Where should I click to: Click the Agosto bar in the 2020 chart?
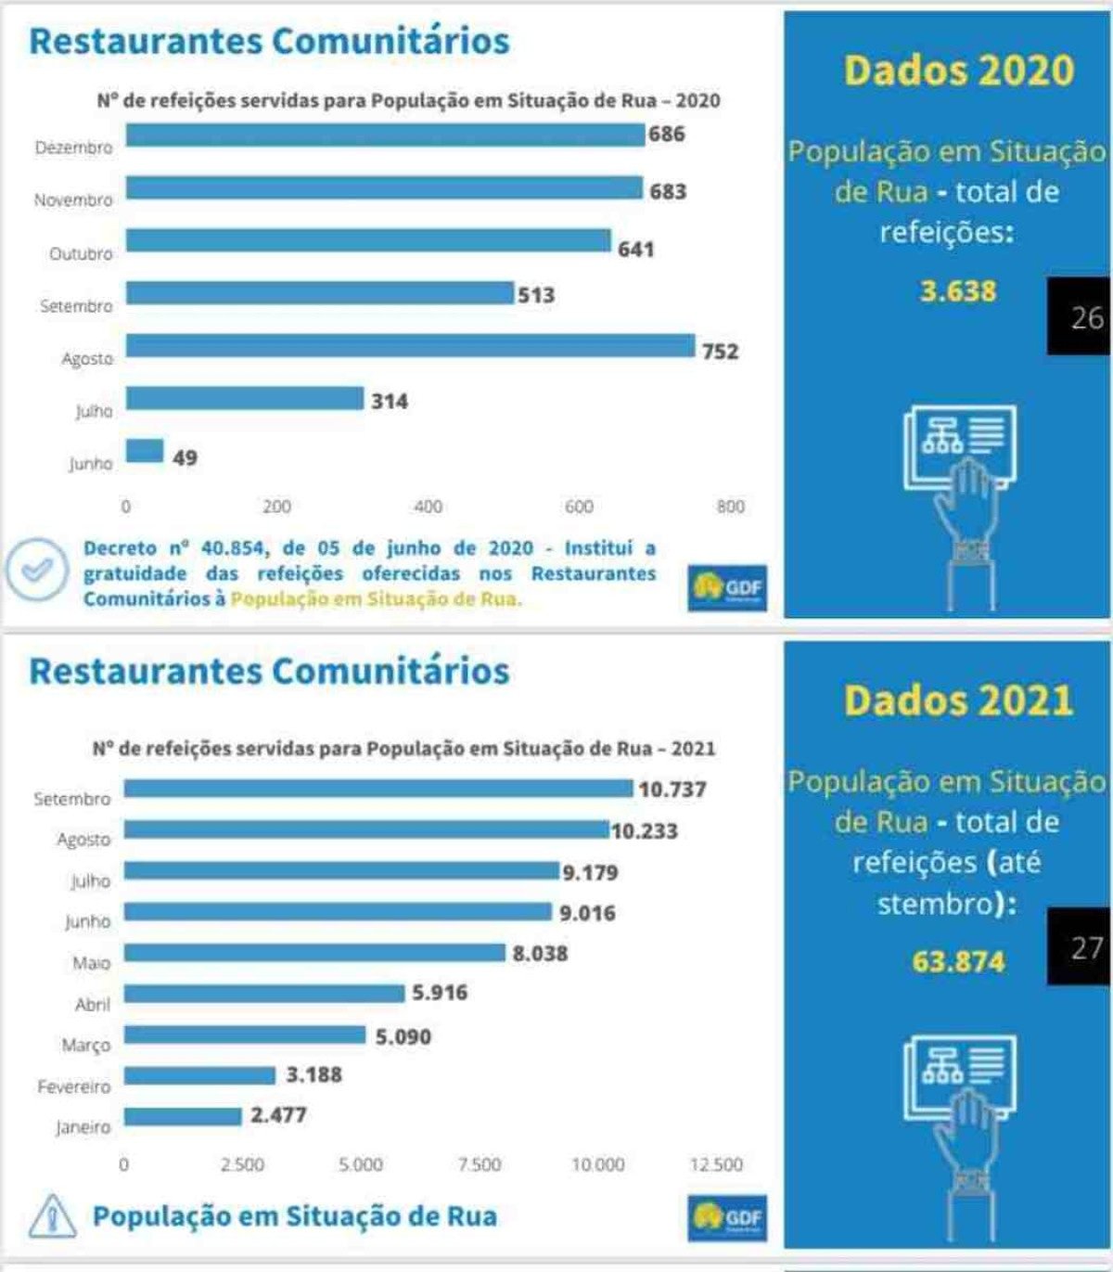click(x=410, y=346)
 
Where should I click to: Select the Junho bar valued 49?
click(x=145, y=451)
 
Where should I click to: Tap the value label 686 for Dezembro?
click(x=666, y=135)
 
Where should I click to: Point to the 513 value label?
click(x=536, y=295)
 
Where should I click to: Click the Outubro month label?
click(x=81, y=253)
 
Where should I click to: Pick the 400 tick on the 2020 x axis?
click(x=428, y=507)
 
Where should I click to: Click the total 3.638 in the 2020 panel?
click(x=958, y=291)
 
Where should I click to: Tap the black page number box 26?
click(x=1080, y=316)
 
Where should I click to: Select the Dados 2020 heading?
click(x=958, y=71)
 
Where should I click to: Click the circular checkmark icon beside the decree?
click(x=37, y=570)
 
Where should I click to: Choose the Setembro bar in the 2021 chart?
click(x=378, y=789)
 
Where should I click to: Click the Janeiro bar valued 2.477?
click(x=183, y=1116)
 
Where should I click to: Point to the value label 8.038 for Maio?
click(x=540, y=953)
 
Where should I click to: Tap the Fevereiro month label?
click(x=73, y=1086)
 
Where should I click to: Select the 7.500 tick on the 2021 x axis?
click(x=479, y=1164)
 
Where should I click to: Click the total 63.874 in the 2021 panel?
click(x=958, y=960)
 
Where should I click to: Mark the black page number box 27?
click(x=1080, y=946)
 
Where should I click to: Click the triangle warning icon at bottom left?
click(x=53, y=1216)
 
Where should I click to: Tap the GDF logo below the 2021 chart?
click(x=727, y=1217)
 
